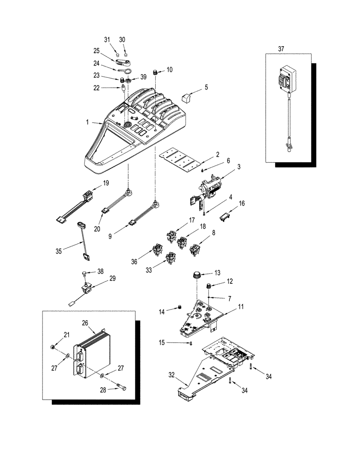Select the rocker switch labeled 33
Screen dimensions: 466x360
click(172, 257)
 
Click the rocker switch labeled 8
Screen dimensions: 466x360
click(194, 251)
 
